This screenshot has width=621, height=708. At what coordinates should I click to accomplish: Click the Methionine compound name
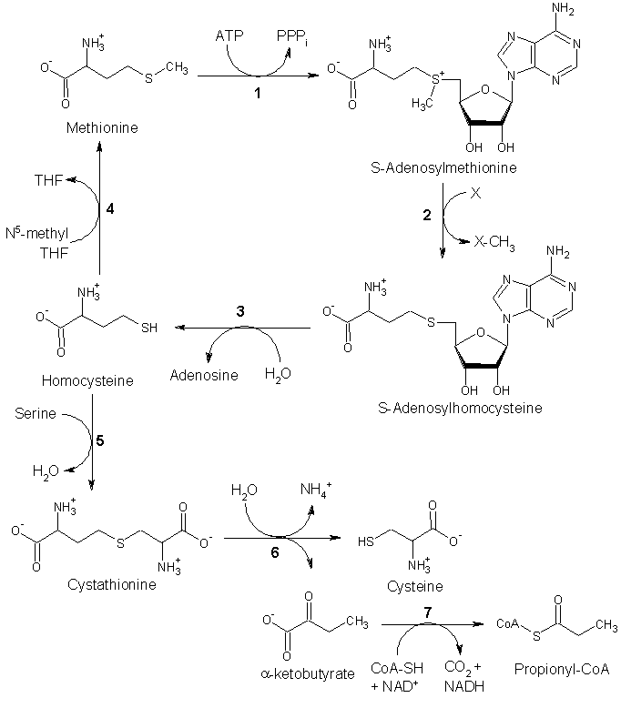coord(102,128)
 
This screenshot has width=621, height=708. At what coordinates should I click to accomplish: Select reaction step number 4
coord(109,209)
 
